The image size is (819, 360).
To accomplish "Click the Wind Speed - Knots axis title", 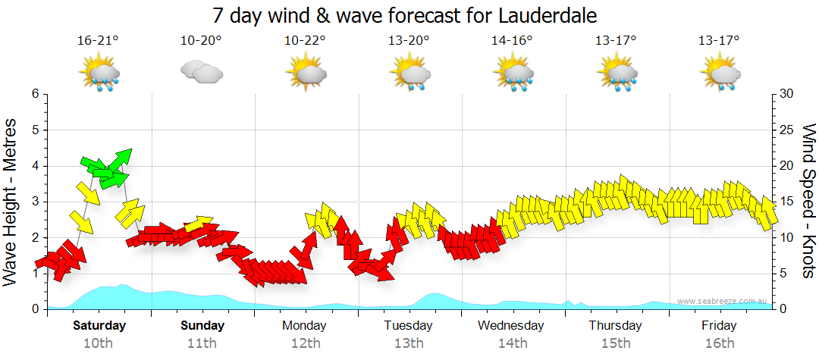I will pos(808,201).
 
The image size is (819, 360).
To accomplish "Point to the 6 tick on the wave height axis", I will pos(35,94).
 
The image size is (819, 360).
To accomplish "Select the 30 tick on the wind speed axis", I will pos(786,94).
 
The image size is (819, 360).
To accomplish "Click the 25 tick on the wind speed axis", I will pos(786,130).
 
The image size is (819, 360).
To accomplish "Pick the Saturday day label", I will pos(99,326).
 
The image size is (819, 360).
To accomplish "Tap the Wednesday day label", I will pos(510,326).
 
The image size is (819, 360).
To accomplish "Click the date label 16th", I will pos(719,343).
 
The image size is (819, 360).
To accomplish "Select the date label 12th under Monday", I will pos(304,343).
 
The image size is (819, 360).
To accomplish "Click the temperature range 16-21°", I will pos(99,40).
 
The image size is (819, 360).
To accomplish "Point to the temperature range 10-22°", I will pos(305,40).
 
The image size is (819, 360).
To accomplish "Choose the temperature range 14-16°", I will pos(512,40).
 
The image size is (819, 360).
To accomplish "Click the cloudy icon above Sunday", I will pos(201,73).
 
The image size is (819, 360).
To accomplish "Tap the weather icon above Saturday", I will pos(99,74).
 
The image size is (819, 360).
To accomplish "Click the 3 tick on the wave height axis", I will pos(35,202).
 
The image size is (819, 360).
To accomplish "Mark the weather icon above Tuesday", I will pos(409,74).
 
